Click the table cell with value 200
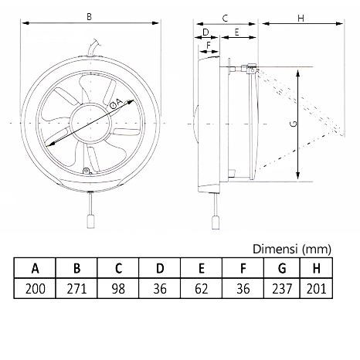[x=36, y=290]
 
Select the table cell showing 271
[x=77, y=290]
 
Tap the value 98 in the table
[x=119, y=290]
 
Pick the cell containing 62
[x=202, y=290]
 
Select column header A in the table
[x=36, y=269]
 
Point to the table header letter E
[x=202, y=269]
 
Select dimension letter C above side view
[x=224, y=15]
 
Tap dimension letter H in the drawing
[x=301, y=15]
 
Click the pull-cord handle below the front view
[x=91, y=219]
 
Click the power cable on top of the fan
[x=95, y=50]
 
